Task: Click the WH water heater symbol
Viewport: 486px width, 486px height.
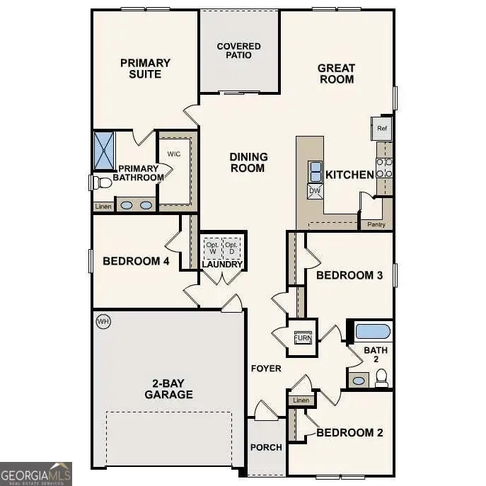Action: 103,322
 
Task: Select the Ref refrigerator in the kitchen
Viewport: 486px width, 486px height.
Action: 382,129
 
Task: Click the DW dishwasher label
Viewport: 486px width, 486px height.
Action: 314,190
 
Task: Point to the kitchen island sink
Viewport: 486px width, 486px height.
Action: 315,170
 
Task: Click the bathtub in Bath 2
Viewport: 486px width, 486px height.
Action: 372,331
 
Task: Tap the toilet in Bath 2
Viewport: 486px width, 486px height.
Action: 382,378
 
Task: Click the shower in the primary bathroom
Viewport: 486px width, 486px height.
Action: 104,151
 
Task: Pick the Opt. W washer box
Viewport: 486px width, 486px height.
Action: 212,248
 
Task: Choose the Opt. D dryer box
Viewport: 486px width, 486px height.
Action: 231,248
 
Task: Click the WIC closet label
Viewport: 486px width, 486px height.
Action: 175,154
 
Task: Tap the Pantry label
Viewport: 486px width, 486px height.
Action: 376,225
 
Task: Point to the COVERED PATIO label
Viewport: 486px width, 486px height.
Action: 238,52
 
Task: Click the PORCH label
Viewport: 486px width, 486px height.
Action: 266,447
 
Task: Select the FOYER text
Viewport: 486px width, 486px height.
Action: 266,369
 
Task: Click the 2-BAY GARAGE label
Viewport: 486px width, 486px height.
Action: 169,388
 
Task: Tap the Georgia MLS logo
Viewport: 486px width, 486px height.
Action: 35,473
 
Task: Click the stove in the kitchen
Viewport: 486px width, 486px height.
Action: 385,167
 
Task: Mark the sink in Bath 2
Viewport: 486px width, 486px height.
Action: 359,381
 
